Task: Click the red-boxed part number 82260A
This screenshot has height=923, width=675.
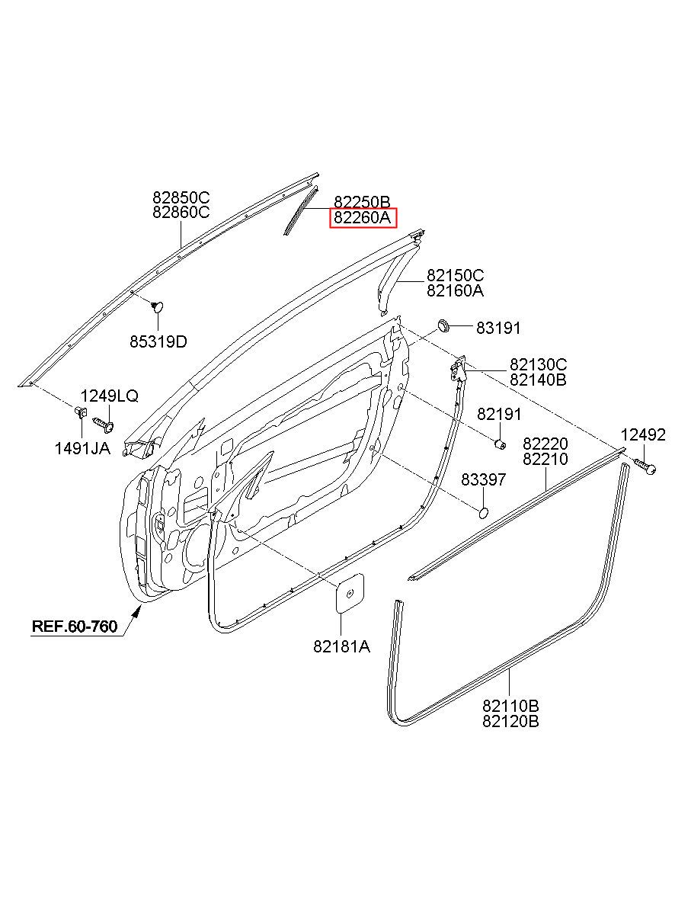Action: click(x=363, y=219)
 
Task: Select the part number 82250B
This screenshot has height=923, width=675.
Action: click(x=363, y=203)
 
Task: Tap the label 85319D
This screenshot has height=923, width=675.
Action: click(x=158, y=341)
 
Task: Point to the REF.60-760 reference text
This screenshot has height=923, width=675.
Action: click(x=75, y=627)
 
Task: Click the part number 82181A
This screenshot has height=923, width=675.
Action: click(x=341, y=646)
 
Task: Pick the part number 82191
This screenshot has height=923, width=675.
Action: click(x=499, y=414)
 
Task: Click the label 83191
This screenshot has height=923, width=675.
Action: click(x=498, y=328)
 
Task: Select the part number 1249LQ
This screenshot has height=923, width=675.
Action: click(x=110, y=396)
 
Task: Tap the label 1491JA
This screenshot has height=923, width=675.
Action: click(x=82, y=449)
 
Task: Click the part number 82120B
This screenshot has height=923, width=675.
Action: click(x=510, y=720)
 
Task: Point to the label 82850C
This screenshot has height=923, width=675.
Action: click(x=181, y=197)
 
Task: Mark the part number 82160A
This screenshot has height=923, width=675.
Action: click(x=455, y=291)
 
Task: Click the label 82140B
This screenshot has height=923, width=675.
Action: click(x=538, y=380)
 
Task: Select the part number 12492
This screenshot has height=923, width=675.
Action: click(x=643, y=434)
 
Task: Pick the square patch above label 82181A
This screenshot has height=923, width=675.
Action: click(x=350, y=591)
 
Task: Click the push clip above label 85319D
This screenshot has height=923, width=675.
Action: click(x=158, y=307)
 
